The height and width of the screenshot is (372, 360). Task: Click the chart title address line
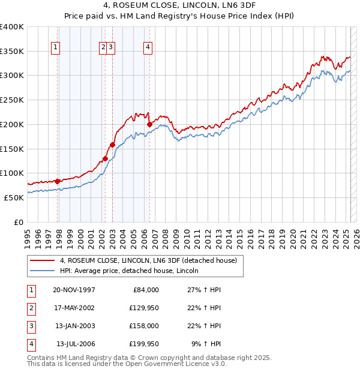click(179, 7)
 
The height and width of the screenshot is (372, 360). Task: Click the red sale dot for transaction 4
click(149, 124)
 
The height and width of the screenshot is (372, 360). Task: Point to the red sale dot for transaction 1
click(58, 181)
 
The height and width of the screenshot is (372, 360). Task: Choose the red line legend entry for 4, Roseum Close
click(149, 260)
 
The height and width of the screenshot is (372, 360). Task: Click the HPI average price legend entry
click(129, 271)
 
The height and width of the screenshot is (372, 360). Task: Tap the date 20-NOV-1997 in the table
click(74, 289)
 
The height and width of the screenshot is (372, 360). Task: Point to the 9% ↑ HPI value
click(206, 344)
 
